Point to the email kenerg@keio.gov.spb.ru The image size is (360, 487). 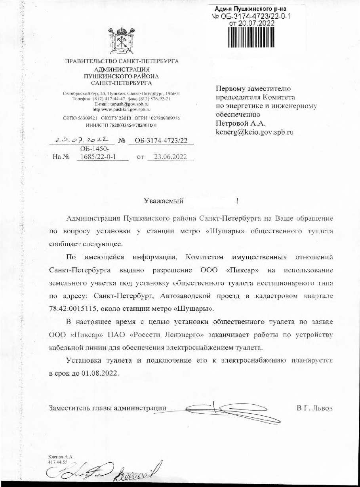pyautogui.click(x=254, y=132)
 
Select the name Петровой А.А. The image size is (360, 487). pyautogui.click(x=240, y=124)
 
